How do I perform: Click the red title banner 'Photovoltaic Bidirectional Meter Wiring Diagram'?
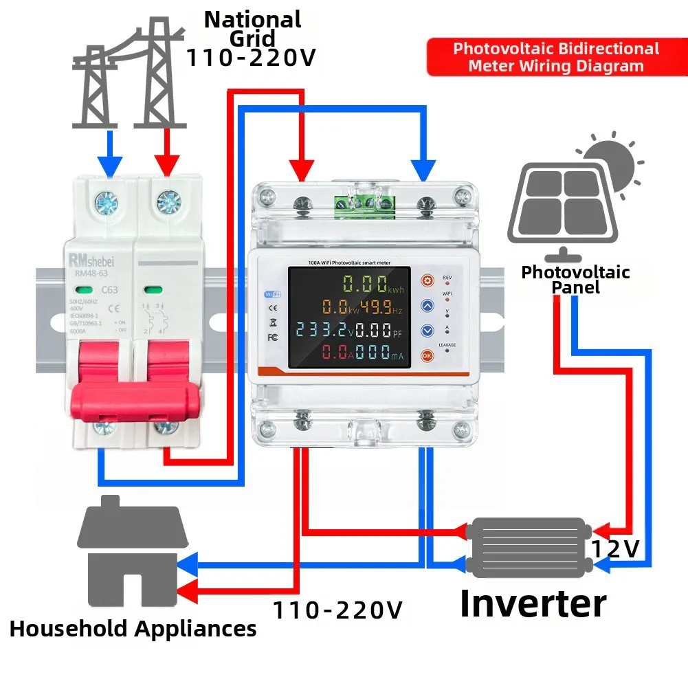pyautogui.click(x=555, y=58)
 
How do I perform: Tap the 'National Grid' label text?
pyautogui.click(x=252, y=29)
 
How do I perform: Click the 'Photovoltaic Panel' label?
pyautogui.click(x=575, y=279)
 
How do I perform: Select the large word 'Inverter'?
pyautogui.click(x=533, y=603)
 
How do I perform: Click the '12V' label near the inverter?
pyautogui.click(x=616, y=548)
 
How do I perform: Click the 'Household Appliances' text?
pyautogui.click(x=133, y=628)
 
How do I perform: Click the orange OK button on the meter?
pyautogui.click(x=427, y=355)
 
